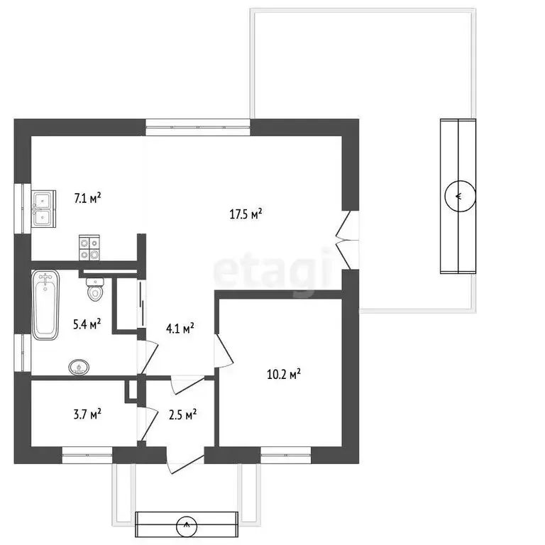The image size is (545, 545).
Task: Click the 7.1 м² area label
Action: pyautogui.click(x=88, y=198)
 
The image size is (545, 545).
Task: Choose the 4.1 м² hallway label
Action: pyautogui.click(x=180, y=328)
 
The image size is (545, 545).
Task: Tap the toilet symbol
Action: pyautogui.click(x=94, y=287)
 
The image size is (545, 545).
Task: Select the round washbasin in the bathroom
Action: pyautogui.click(x=79, y=367)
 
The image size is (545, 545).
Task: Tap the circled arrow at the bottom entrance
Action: pyautogui.click(x=187, y=525)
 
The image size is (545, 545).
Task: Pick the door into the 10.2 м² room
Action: pyautogui.click(x=223, y=351)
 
